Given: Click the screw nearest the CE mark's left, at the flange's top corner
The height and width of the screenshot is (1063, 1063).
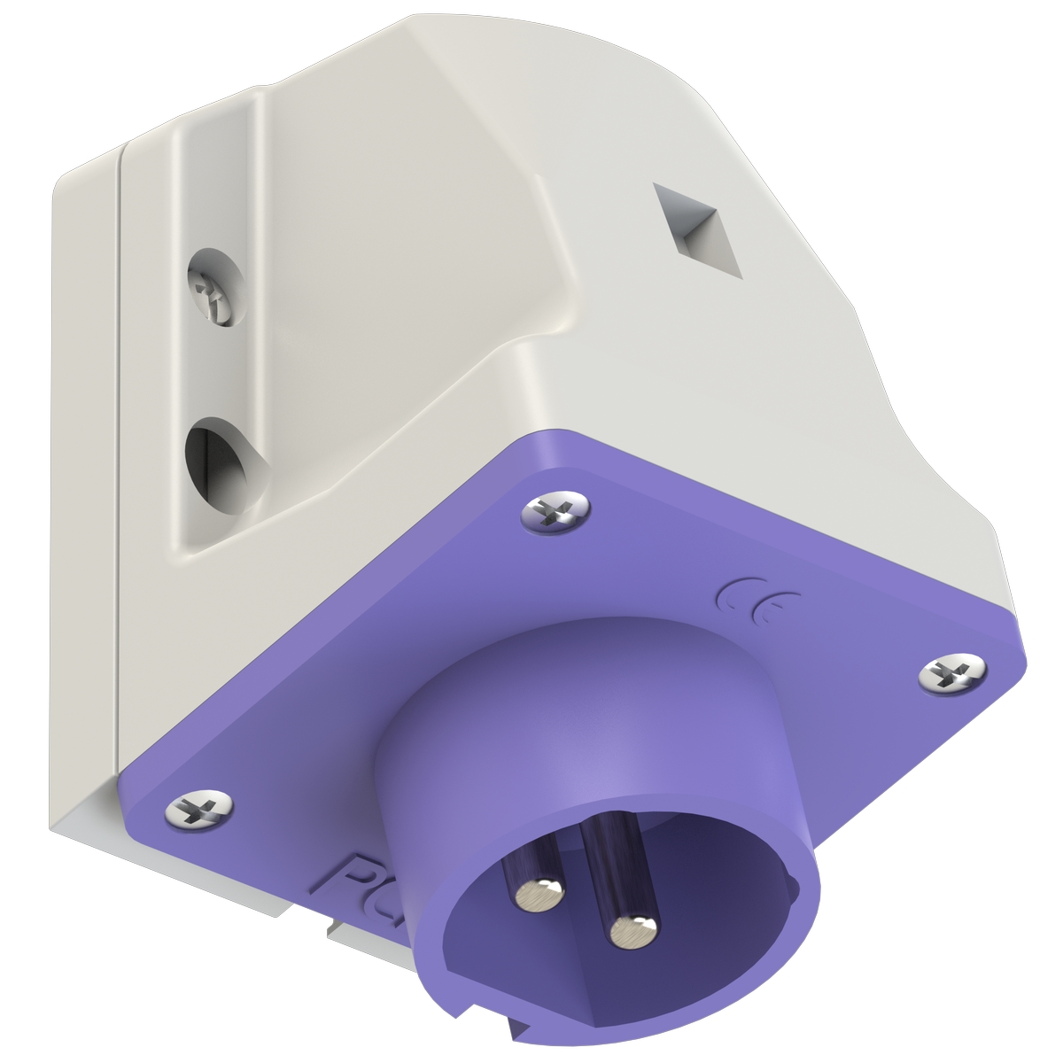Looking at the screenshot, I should pos(555,511).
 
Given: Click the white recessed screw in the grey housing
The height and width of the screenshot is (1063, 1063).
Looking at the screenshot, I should pos(212,293).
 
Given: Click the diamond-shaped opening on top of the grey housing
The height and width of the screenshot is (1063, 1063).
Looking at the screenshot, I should pos(698,229).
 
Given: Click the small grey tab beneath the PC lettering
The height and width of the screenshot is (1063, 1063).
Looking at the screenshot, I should pos(341,931).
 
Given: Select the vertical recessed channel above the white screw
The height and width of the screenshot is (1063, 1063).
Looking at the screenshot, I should pos(217,177).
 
